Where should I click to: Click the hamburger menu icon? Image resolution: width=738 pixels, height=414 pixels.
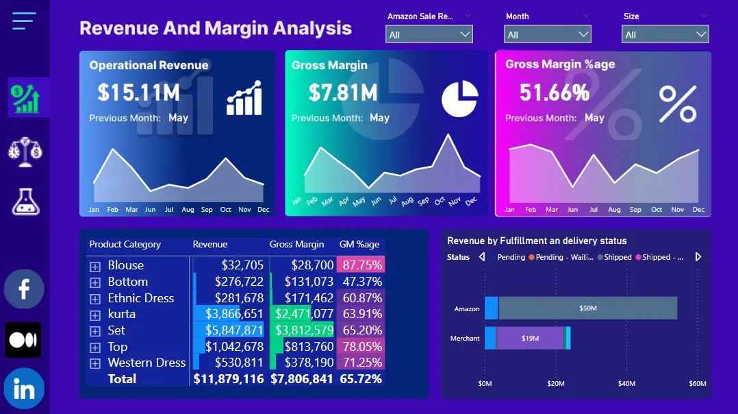point(24,21)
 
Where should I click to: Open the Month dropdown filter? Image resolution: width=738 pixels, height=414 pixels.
point(547,34)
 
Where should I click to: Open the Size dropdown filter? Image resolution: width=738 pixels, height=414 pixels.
point(665,34)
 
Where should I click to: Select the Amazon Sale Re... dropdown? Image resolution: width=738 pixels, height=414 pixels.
point(429,34)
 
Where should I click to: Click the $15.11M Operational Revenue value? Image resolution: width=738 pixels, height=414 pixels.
point(138,92)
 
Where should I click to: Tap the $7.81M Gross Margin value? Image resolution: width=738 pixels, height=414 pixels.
point(342,92)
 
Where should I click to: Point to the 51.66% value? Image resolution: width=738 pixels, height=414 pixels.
point(554,92)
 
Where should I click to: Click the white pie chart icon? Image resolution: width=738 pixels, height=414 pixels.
point(459,99)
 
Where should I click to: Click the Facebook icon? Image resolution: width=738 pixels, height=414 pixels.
point(24,289)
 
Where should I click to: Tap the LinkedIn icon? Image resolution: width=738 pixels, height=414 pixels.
point(24,389)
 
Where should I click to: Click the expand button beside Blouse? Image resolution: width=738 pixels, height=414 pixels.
point(95,266)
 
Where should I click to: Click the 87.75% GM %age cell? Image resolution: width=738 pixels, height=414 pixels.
point(362,265)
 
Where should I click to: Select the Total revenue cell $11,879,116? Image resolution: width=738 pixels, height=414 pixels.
point(229,378)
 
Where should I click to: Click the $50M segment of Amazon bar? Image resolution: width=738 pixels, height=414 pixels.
point(587,308)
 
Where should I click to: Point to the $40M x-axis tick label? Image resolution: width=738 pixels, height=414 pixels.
point(626,383)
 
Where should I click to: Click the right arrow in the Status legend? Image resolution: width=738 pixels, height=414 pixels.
point(698,257)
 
